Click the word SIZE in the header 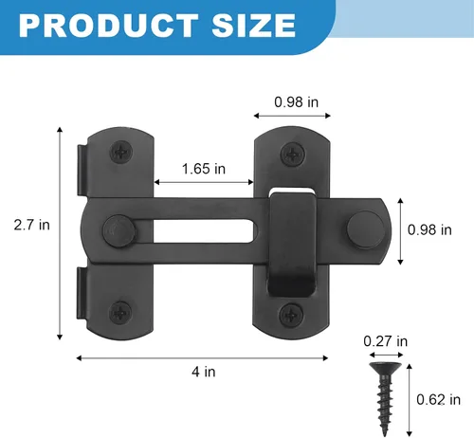tap(254, 26)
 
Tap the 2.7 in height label tap(32, 225)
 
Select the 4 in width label tap(204, 372)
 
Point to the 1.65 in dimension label tap(204, 169)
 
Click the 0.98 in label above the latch tap(296, 101)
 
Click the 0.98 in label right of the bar tap(429, 229)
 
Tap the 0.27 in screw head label tap(386, 341)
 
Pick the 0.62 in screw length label tap(438, 399)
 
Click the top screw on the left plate tap(120, 152)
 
